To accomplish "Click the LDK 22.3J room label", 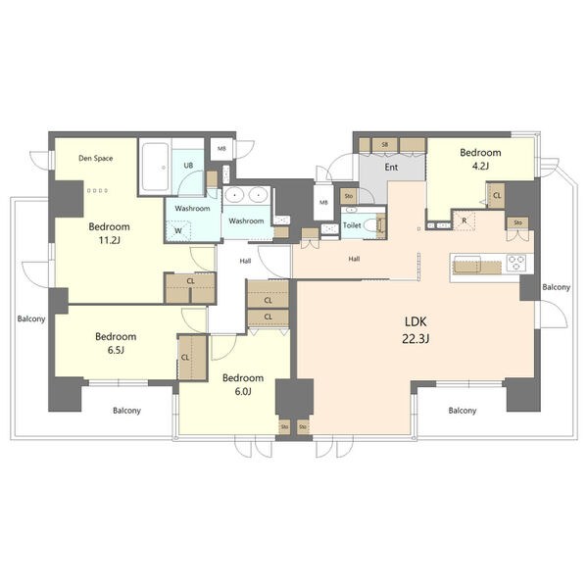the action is coord(416,330).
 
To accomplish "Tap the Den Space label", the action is coord(96,158).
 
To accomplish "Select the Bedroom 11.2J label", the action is coord(109,233).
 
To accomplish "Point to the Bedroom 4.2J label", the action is coord(480,159).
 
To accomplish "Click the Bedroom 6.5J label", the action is coord(116,343).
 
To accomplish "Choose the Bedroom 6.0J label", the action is coord(243,385).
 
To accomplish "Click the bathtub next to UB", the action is coord(155,167).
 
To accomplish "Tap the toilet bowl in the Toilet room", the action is coord(370,225).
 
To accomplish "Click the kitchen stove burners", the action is coord(517,262).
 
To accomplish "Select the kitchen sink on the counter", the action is coord(467,264).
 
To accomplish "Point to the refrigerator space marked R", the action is coord(465,220).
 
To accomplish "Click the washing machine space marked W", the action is coord(178,230).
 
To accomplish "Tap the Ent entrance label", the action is coord(391,168).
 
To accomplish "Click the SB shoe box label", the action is coord(384,144).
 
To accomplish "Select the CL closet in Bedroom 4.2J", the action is coord(497,195).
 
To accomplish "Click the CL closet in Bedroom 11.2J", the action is coord(190,287).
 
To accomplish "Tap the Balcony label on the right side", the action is coord(556,287).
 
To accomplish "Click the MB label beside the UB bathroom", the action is coord(222,149).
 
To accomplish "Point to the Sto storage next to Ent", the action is coord(349,196).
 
